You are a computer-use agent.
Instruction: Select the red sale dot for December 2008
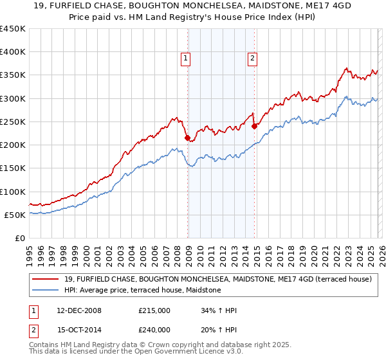[x=187, y=138]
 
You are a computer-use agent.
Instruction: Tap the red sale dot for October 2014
[x=254, y=126]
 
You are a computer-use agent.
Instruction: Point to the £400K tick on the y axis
[x=13, y=52]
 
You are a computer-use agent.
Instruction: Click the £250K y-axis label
[x=13, y=122]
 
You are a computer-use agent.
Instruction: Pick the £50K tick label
[x=15, y=215]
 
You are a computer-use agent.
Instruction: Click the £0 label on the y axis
[x=20, y=238]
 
